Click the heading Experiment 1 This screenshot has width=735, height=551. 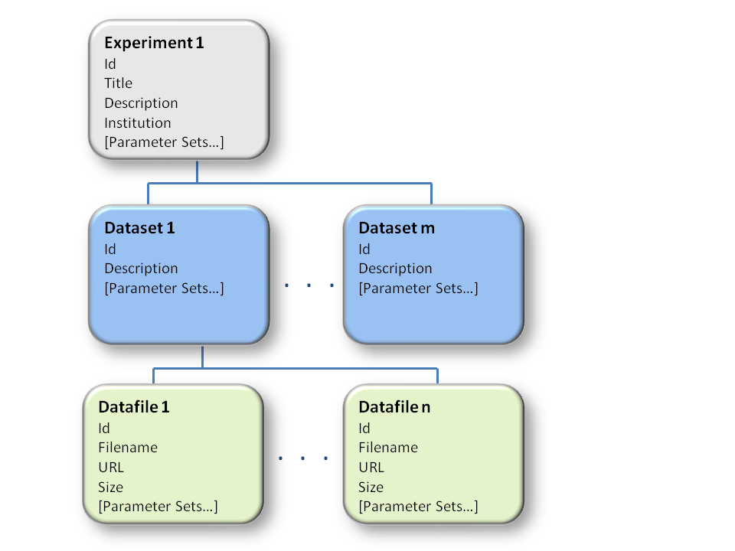tap(154, 43)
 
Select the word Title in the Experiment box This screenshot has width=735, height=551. tap(118, 83)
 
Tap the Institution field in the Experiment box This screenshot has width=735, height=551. tap(137, 122)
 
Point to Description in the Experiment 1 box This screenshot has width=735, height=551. tap(141, 103)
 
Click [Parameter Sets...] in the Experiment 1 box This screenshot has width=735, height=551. tap(164, 142)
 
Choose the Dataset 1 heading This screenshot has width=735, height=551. tap(139, 228)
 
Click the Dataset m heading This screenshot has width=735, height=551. tap(397, 228)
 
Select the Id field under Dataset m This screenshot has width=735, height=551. tap(364, 249)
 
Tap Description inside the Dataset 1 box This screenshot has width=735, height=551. tap(141, 269)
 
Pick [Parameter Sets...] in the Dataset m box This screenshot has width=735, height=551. tap(418, 289)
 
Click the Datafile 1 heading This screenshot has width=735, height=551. tap(133, 406)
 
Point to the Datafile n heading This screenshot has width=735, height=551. tap(394, 406)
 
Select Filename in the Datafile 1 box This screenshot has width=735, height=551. tap(128, 448)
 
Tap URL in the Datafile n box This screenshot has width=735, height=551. tap(371, 467)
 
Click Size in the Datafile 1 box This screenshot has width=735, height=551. tap(110, 487)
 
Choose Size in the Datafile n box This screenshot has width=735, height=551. tap(371, 487)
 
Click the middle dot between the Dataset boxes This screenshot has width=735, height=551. tap(309, 285)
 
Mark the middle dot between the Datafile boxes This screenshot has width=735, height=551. tap(303, 458)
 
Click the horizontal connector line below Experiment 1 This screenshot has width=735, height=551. tap(289, 183)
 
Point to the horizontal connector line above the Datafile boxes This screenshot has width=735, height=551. tap(296, 369)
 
